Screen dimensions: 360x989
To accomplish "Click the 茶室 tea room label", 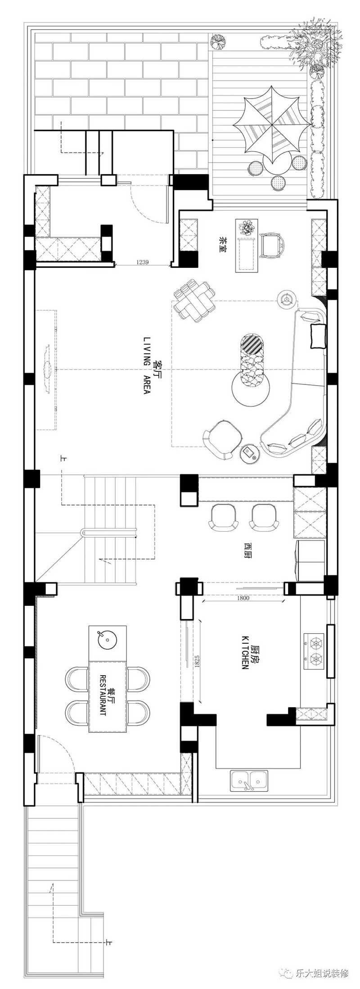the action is (222, 245).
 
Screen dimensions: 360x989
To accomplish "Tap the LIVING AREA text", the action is (146, 365).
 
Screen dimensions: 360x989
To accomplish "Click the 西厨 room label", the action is (247, 550).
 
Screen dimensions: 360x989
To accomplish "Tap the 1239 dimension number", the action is (142, 262).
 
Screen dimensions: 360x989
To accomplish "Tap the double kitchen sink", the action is (249, 780).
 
